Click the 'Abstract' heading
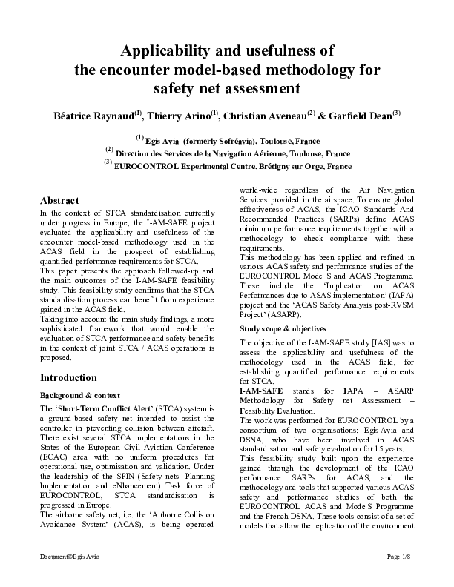(x=59, y=201)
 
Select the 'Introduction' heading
(x=68, y=377)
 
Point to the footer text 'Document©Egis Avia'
(x=66, y=576)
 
